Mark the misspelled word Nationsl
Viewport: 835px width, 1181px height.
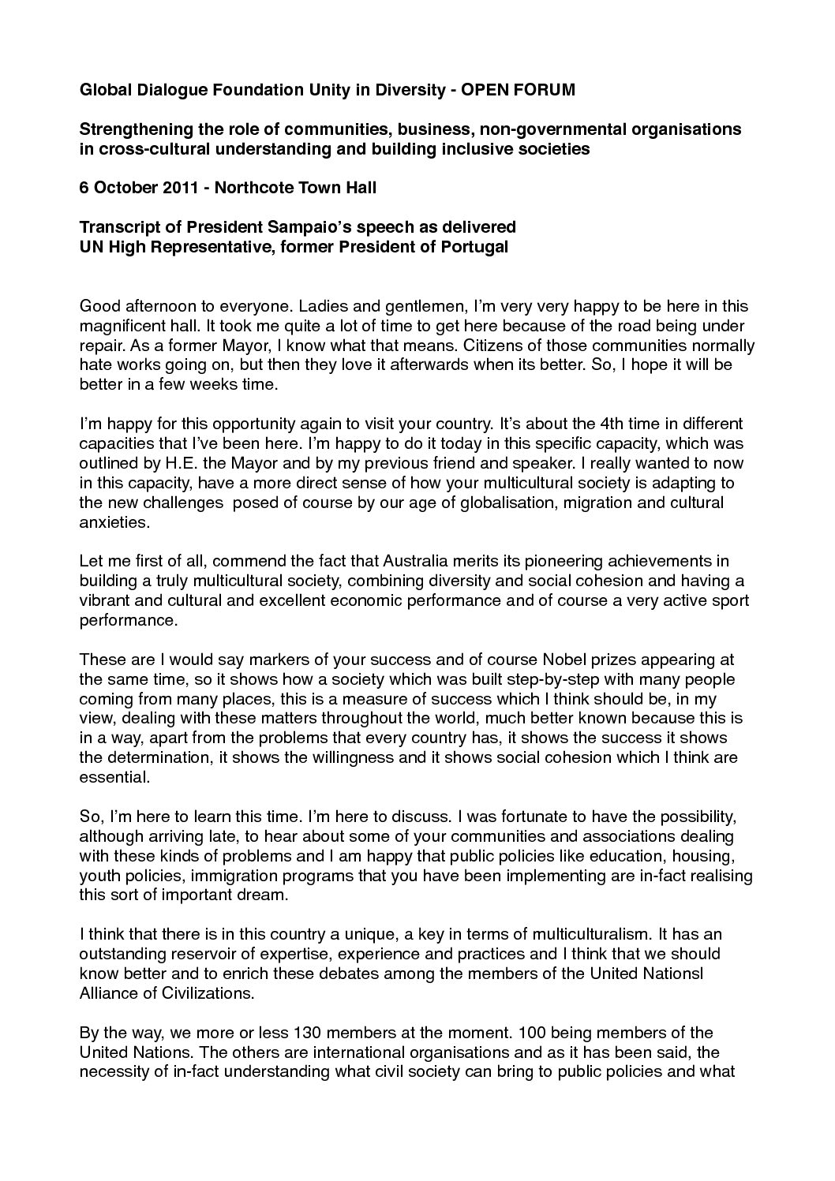click(x=672, y=973)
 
